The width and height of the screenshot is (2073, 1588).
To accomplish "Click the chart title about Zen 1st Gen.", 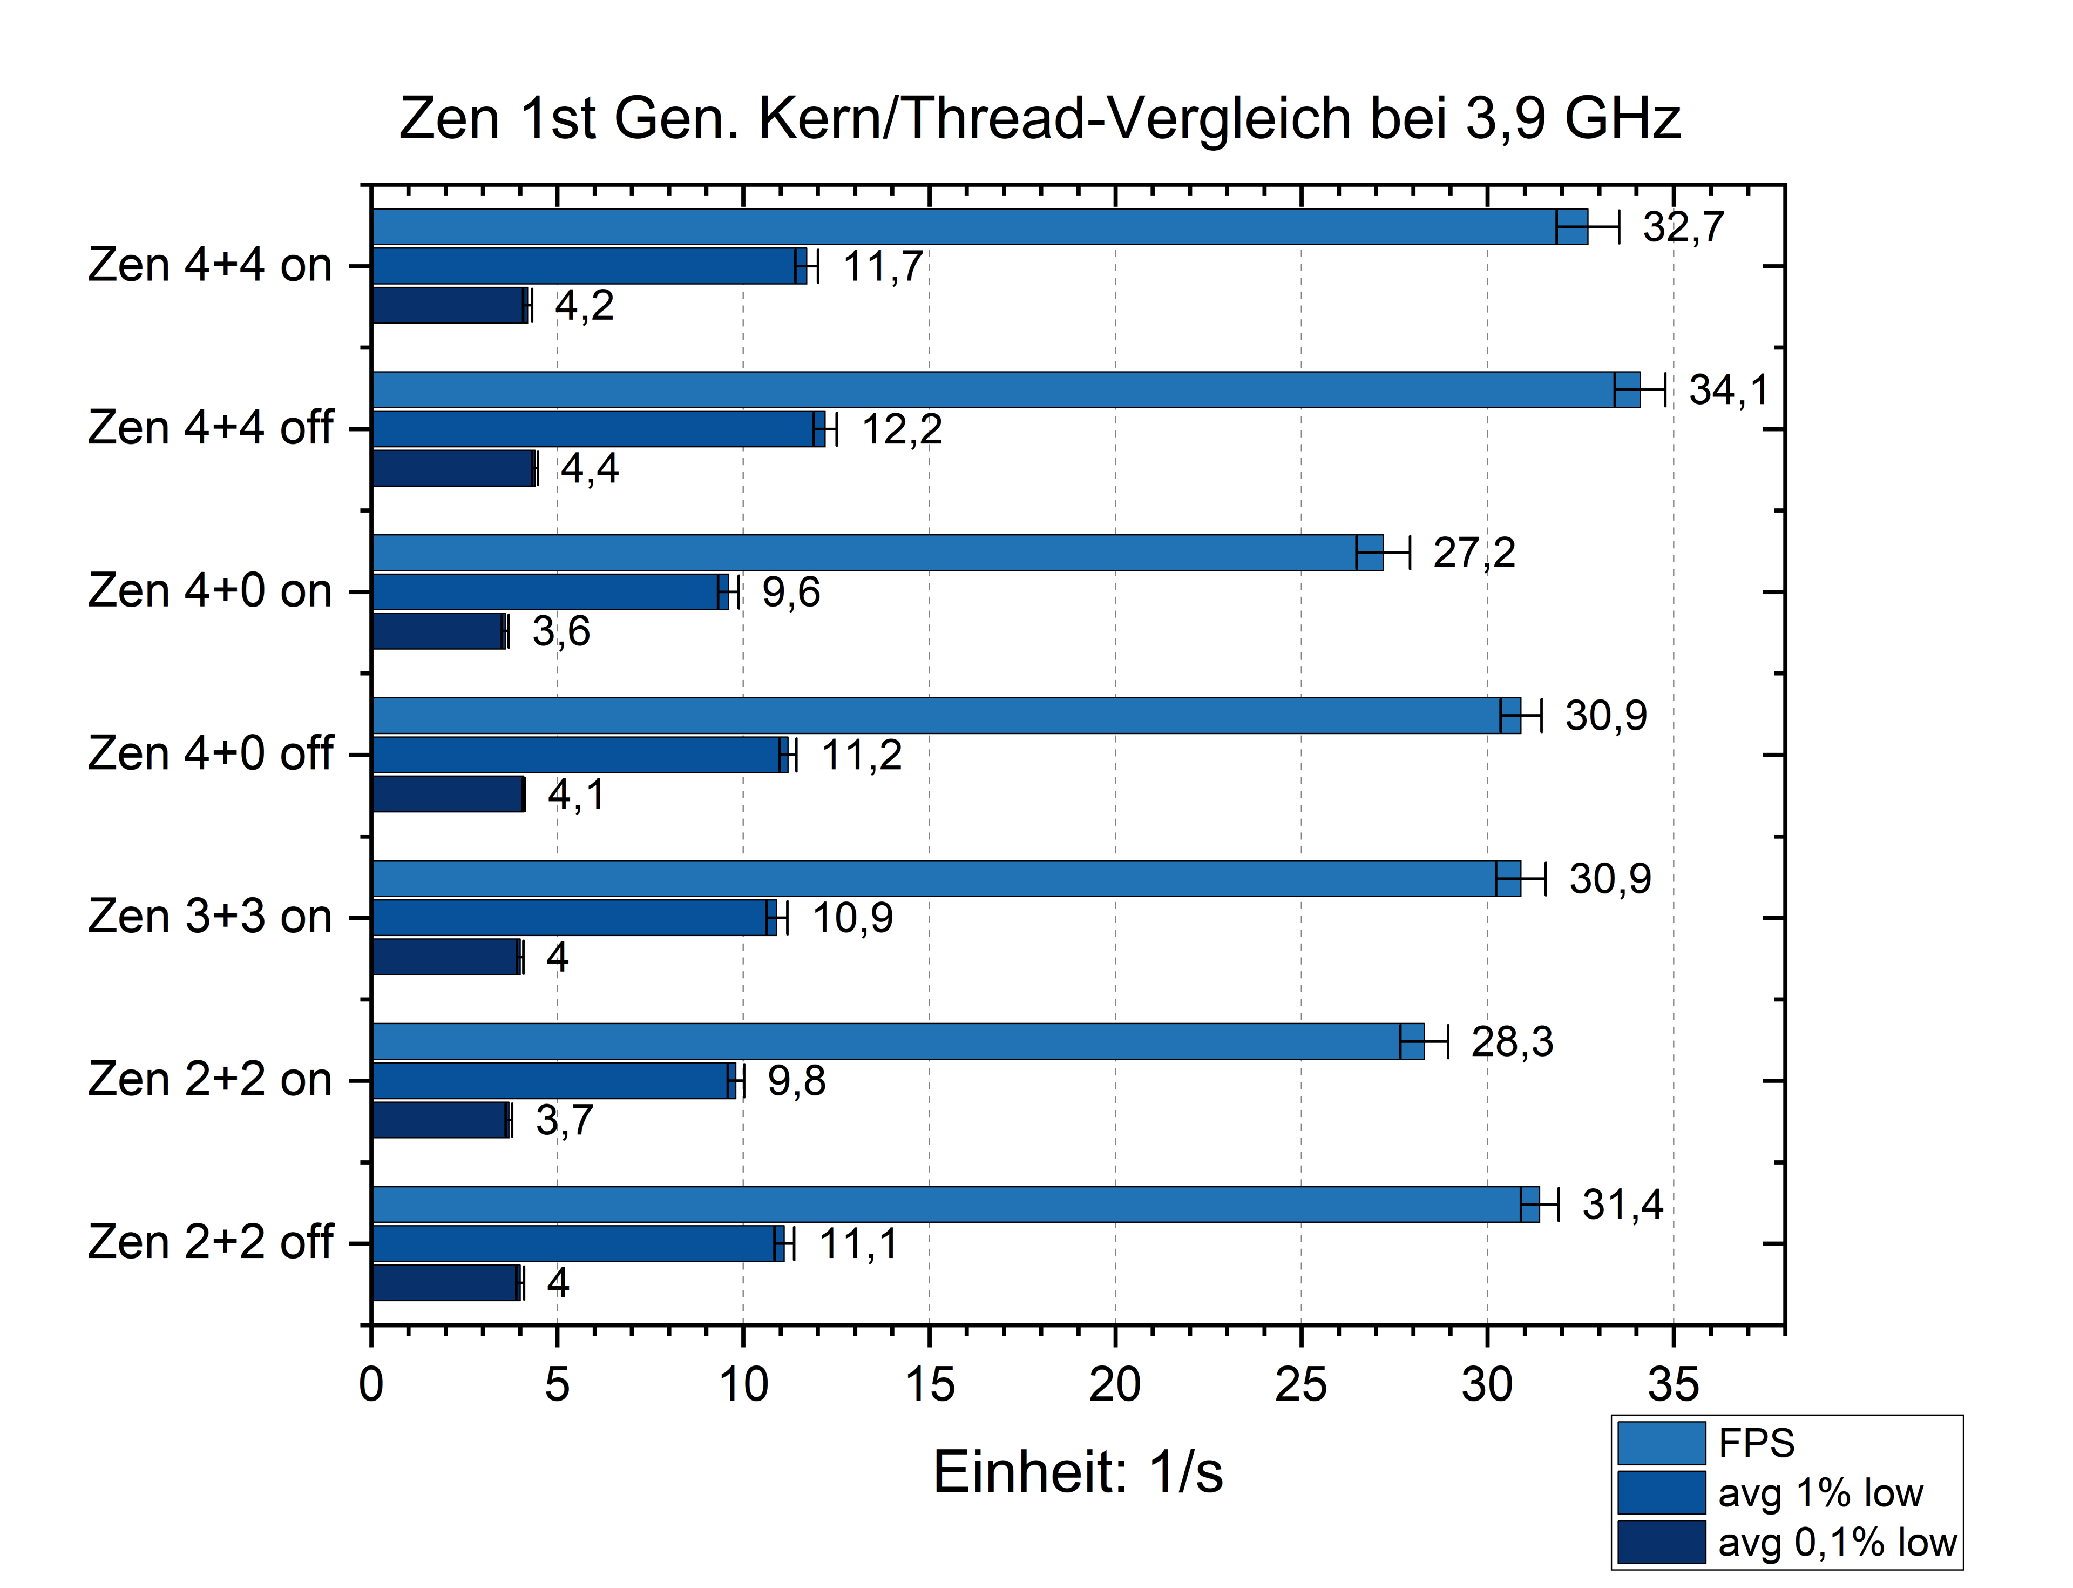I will [1039, 119].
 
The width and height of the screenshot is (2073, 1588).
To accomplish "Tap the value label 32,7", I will [1684, 227].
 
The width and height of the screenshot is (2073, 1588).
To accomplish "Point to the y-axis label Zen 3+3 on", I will [210, 917].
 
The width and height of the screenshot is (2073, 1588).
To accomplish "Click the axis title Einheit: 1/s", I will [1077, 1472].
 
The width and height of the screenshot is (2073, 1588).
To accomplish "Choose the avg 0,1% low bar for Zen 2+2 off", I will [446, 1283].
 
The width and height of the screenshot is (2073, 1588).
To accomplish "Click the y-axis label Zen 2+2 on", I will [210, 1079].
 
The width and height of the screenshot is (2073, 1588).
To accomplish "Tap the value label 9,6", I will [791, 593].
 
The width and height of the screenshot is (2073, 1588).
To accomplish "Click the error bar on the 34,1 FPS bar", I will [1640, 389].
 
